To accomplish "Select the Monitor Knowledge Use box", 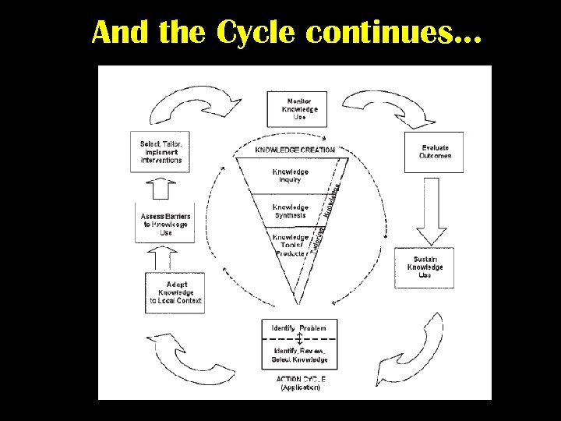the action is pos(299,109).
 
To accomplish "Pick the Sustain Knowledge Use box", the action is pos(425,267).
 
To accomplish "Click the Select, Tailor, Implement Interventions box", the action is pos(161,151).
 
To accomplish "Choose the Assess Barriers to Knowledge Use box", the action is pos(165,224).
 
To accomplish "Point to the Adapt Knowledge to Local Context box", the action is pos(176,292).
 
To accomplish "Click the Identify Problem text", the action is pos(299,328).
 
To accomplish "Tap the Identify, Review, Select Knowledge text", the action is pos(300,356).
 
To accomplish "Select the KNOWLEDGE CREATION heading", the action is pos(295,150).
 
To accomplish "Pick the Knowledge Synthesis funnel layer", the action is pos(291,210).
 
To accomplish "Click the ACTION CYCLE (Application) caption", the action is pos(301,382).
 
